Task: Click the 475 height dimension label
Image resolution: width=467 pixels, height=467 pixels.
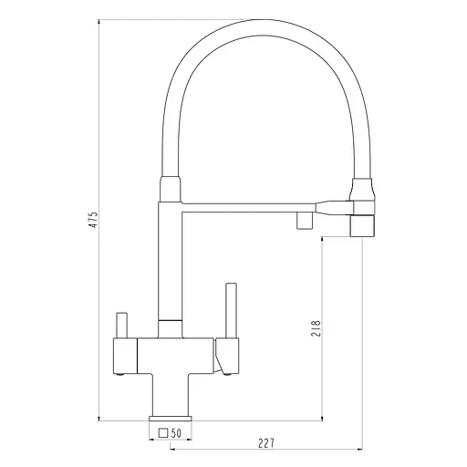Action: click(x=93, y=220)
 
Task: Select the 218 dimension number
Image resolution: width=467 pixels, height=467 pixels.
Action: click(x=317, y=328)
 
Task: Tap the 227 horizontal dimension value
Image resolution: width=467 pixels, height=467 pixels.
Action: click(x=266, y=443)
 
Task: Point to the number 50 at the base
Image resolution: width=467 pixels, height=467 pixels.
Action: click(x=176, y=433)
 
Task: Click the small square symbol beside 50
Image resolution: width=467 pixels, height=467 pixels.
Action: click(x=163, y=433)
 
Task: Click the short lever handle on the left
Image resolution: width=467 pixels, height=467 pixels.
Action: click(x=122, y=325)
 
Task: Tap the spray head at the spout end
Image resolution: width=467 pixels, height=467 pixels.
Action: click(x=362, y=225)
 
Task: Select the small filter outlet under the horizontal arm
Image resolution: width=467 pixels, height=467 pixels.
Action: click(x=305, y=221)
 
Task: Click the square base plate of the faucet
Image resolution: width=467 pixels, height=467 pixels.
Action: click(x=171, y=419)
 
